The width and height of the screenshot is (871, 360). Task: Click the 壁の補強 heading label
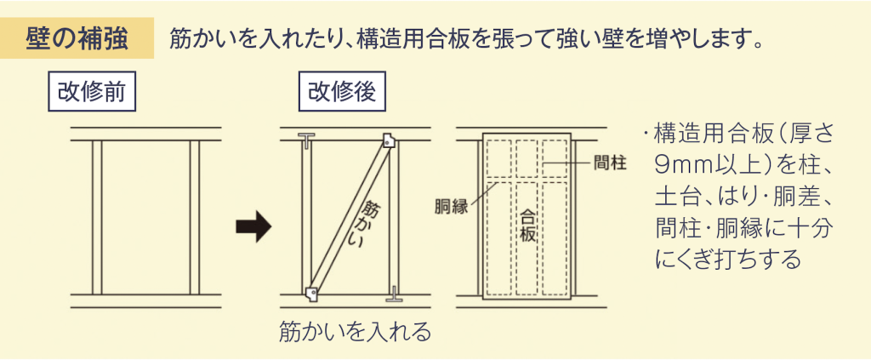tap(77, 38)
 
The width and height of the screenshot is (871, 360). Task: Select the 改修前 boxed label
tap(92, 92)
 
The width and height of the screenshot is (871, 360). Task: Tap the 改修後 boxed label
tap(342, 92)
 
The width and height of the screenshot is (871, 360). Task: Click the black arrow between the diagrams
tap(253, 227)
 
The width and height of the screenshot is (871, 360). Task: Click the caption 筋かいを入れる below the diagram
tap(356, 332)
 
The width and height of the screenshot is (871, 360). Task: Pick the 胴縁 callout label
tap(452, 208)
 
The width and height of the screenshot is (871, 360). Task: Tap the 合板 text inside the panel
tap(527, 225)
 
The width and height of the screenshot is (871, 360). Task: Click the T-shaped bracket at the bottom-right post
tap(393, 294)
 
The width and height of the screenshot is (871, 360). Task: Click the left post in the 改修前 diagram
tap(97, 217)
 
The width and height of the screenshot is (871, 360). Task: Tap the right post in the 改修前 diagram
tap(195, 217)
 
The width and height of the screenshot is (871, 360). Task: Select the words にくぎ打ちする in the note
tap(728, 259)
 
